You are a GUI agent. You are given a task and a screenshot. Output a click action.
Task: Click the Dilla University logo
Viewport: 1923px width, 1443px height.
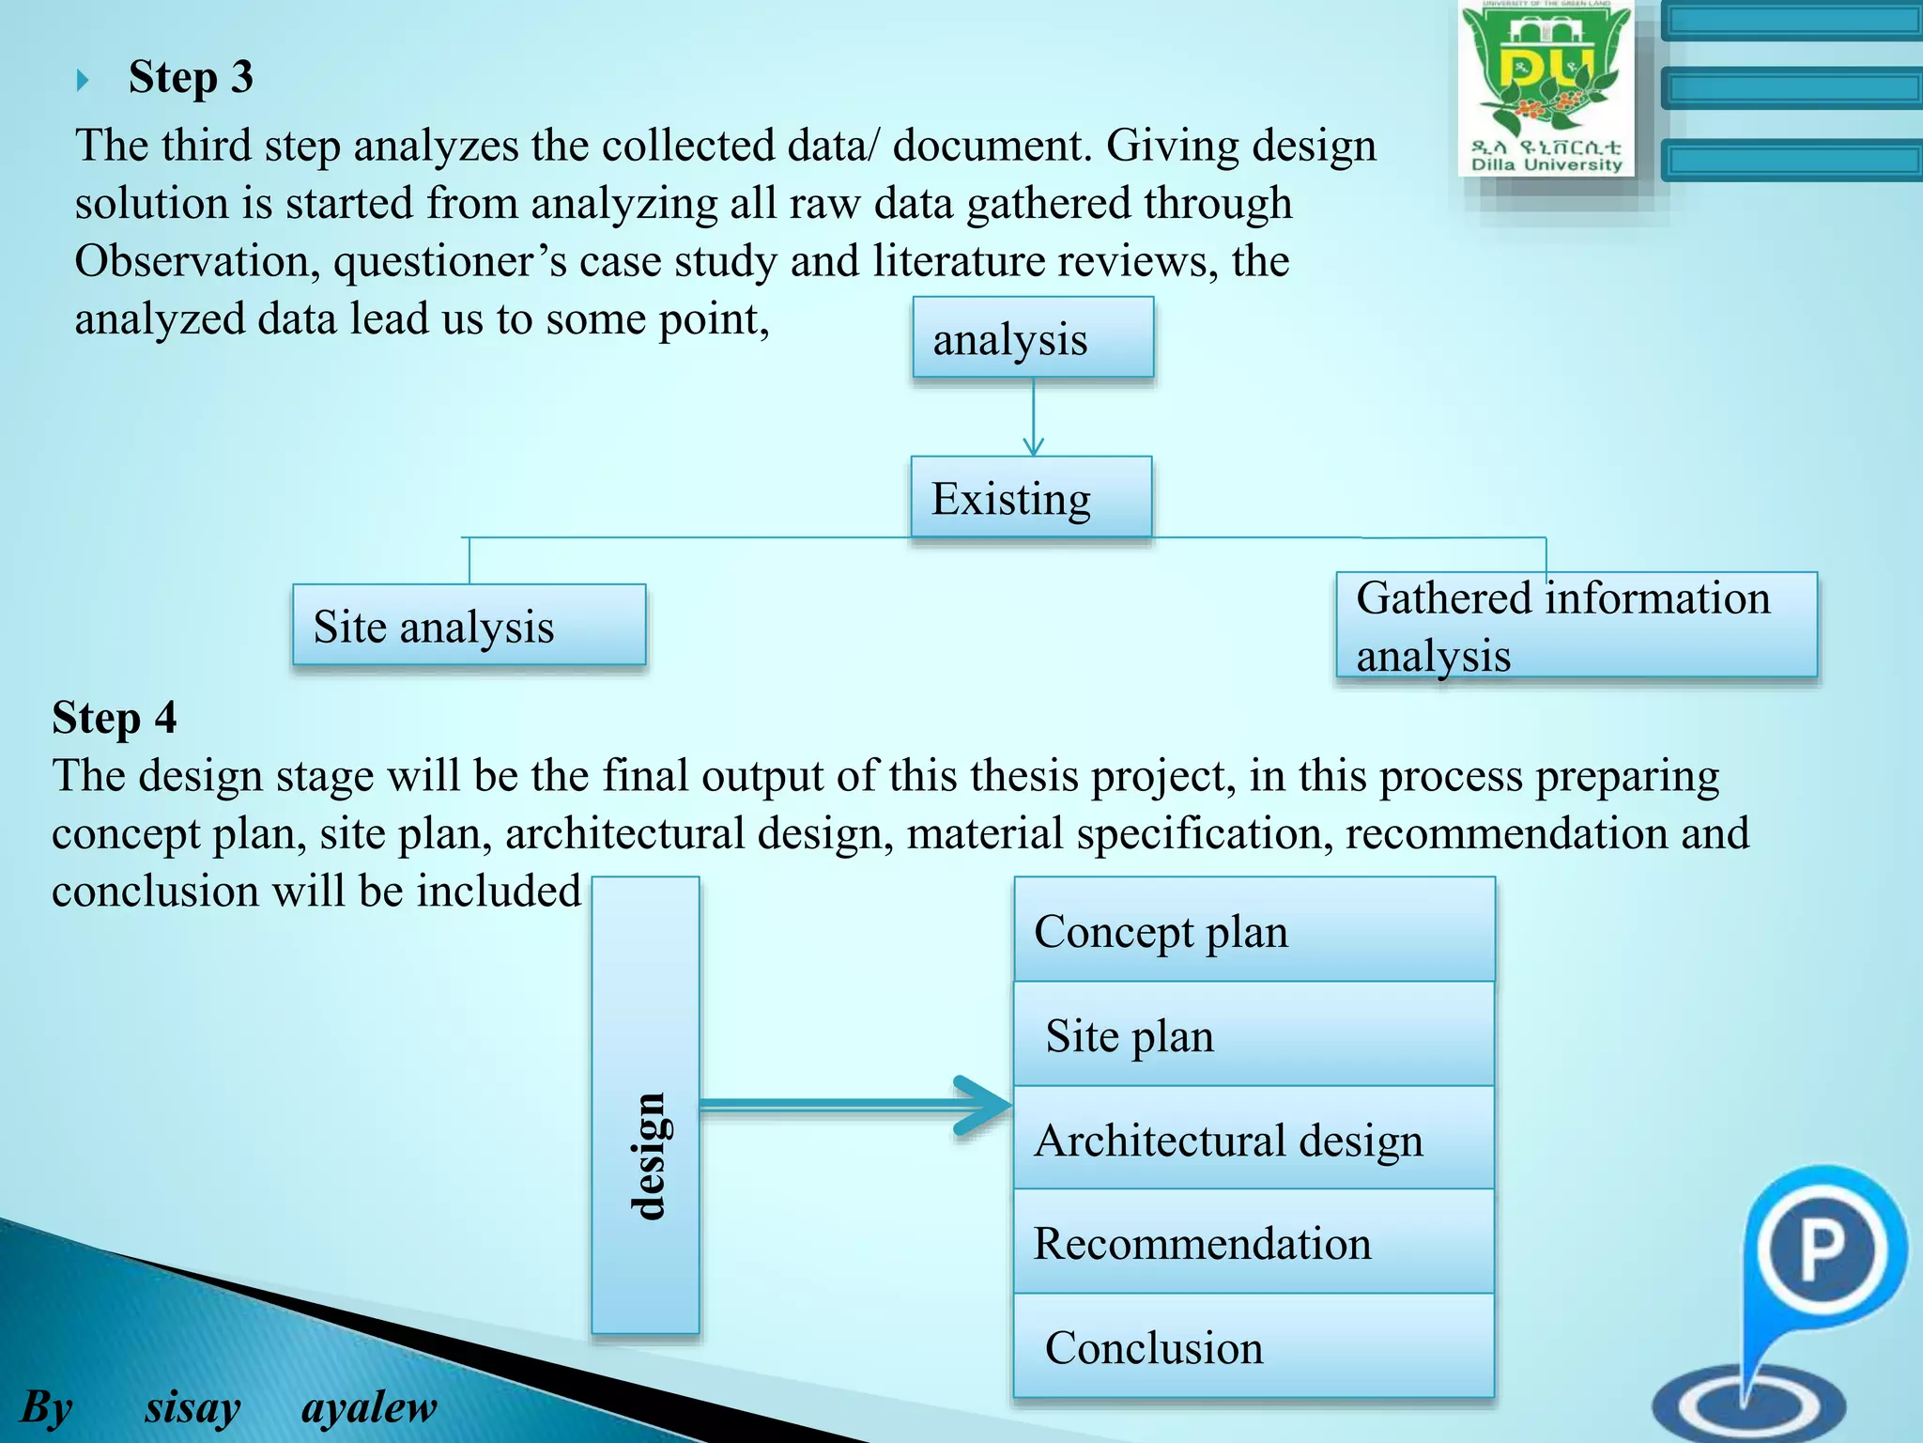(1546, 88)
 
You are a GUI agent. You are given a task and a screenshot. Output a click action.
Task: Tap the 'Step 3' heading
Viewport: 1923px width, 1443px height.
(191, 77)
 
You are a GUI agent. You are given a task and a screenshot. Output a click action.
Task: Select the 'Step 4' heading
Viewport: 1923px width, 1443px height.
(114, 718)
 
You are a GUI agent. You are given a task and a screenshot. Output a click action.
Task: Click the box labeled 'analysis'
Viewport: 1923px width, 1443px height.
(1033, 338)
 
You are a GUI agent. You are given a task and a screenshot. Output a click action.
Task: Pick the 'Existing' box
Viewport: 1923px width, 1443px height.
(1031, 498)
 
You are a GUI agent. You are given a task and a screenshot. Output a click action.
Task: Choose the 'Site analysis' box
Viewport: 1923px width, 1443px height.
(469, 626)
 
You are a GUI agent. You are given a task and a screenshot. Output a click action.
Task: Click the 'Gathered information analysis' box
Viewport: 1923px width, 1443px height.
(1577, 626)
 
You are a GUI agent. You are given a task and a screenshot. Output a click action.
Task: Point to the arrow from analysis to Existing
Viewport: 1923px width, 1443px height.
(1034, 417)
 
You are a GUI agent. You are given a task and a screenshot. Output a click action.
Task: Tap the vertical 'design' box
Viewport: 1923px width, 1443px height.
(645, 1105)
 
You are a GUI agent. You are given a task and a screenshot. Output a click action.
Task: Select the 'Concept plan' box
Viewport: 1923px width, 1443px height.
(1254, 930)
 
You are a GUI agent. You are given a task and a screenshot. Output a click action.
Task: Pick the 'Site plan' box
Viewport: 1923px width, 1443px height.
(1254, 1035)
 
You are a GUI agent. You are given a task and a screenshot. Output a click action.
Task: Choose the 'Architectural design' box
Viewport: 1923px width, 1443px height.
(1254, 1140)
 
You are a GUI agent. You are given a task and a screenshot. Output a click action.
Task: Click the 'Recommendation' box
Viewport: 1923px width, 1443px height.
(1254, 1243)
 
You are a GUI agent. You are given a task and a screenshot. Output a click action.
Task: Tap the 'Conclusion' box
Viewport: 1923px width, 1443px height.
(1254, 1347)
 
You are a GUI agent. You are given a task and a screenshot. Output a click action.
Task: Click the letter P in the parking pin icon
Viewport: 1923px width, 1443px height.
(1822, 1250)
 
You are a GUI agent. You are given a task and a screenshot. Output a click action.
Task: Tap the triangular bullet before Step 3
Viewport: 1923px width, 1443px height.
(83, 80)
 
